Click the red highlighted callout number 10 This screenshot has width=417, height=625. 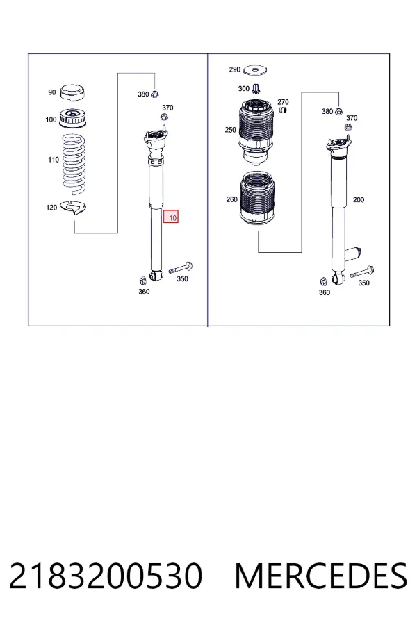[x=171, y=217]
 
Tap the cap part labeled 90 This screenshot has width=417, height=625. [x=72, y=92]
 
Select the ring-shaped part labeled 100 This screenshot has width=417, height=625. [x=73, y=119]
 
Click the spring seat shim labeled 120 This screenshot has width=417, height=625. [x=74, y=207]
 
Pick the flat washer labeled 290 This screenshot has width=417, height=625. [x=254, y=70]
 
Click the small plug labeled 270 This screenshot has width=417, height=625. [x=283, y=110]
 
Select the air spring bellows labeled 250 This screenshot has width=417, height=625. [x=256, y=132]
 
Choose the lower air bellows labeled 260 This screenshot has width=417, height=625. [x=257, y=200]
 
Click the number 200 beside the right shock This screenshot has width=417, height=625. [x=359, y=200]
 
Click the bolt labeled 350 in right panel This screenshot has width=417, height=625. [x=362, y=272]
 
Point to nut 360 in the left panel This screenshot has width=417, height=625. [x=142, y=280]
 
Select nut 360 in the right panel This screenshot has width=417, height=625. [x=324, y=282]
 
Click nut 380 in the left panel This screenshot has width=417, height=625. [x=156, y=94]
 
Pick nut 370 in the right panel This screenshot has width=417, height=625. [x=347, y=127]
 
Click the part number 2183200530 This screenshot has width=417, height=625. [x=106, y=576]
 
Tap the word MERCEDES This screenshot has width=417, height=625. [x=321, y=576]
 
